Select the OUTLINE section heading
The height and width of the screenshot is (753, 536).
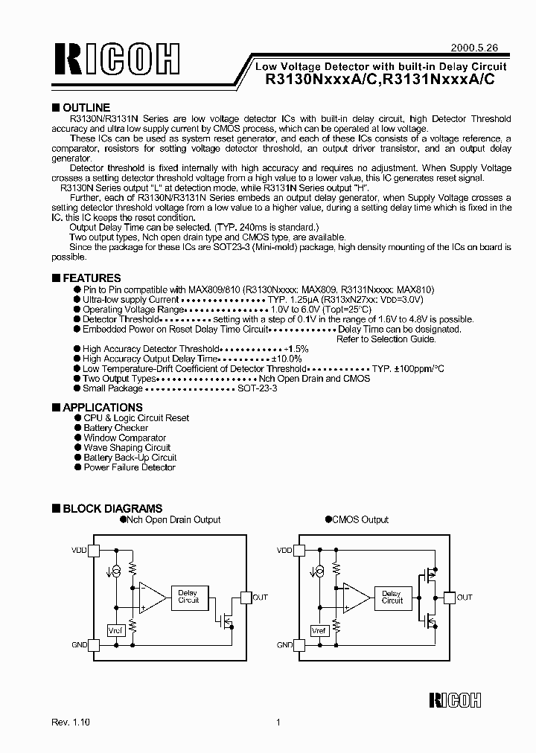pos(86,108)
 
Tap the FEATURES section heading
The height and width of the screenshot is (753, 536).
pos(92,278)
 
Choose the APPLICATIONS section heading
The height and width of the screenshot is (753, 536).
pos(102,408)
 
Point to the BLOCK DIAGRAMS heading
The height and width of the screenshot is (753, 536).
pos(112,509)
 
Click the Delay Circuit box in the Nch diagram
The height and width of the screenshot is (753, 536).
pos(188,597)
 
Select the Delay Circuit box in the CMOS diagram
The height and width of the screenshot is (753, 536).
pos(392,597)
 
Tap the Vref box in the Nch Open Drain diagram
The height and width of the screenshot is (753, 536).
pos(115,629)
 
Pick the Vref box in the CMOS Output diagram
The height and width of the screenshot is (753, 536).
pos(319,630)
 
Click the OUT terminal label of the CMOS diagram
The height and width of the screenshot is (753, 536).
pos(465,597)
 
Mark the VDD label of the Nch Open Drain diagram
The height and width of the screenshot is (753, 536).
pos(78,551)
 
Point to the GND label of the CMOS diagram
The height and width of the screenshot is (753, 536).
pos(284,645)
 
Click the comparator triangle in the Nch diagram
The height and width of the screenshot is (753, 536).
pos(153,595)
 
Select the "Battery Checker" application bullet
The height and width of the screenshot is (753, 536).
pos(115,428)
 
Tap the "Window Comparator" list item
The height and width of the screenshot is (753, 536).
pos(124,438)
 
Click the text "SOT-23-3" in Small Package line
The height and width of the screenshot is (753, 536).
pos(257,388)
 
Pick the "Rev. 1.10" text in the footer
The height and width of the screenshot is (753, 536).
pos(71,722)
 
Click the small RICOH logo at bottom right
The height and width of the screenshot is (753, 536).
pos(456,699)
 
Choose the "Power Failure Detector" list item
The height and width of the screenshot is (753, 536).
pos(130,467)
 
